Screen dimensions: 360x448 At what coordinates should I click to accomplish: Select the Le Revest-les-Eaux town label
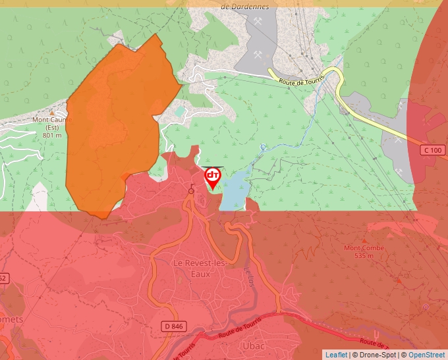200,268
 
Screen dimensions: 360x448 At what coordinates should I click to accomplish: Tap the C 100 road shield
433,151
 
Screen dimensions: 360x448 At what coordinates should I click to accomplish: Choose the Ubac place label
253,345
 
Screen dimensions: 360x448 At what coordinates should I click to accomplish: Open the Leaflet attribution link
336,355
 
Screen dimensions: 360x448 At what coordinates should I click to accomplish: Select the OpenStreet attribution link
426,355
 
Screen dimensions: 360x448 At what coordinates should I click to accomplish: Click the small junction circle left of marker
191,191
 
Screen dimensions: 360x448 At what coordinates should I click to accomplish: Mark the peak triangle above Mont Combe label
366,240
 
